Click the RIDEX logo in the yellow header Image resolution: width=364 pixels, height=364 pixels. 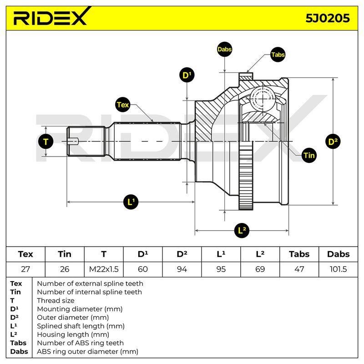[x=52, y=16]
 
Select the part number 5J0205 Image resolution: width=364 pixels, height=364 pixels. [x=327, y=18]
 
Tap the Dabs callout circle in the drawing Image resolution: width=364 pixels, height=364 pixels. [x=224, y=49]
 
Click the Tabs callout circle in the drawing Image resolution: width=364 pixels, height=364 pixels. [x=278, y=55]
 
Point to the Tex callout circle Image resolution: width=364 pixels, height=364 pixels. [x=123, y=105]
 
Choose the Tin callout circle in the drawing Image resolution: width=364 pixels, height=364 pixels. [x=309, y=155]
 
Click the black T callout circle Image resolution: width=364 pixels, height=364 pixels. [x=46, y=142]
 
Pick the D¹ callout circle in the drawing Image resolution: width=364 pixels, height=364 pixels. [x=187, y=75]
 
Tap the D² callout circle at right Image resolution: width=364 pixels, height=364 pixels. [x=333, y=142]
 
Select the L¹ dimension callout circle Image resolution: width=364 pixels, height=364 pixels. [x=131, y=202]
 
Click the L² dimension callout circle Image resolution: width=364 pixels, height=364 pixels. [x=242, y=231]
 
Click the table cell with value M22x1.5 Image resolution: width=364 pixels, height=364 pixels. [x=104, y=269]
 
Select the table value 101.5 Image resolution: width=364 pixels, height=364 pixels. [x=338, y=269]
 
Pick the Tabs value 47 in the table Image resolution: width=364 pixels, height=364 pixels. [x=299, y=269]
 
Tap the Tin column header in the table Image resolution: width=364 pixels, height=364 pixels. [x=65, y=254]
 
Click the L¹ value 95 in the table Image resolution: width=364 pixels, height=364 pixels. [x=221, y=269]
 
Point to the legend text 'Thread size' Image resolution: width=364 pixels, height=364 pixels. [x=56, y=301]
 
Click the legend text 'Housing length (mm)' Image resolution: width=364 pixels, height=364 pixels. [x=73, y=334]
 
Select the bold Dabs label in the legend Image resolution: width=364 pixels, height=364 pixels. [x=19, y=351]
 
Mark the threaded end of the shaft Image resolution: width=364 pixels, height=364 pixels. [x=86, y=141]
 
